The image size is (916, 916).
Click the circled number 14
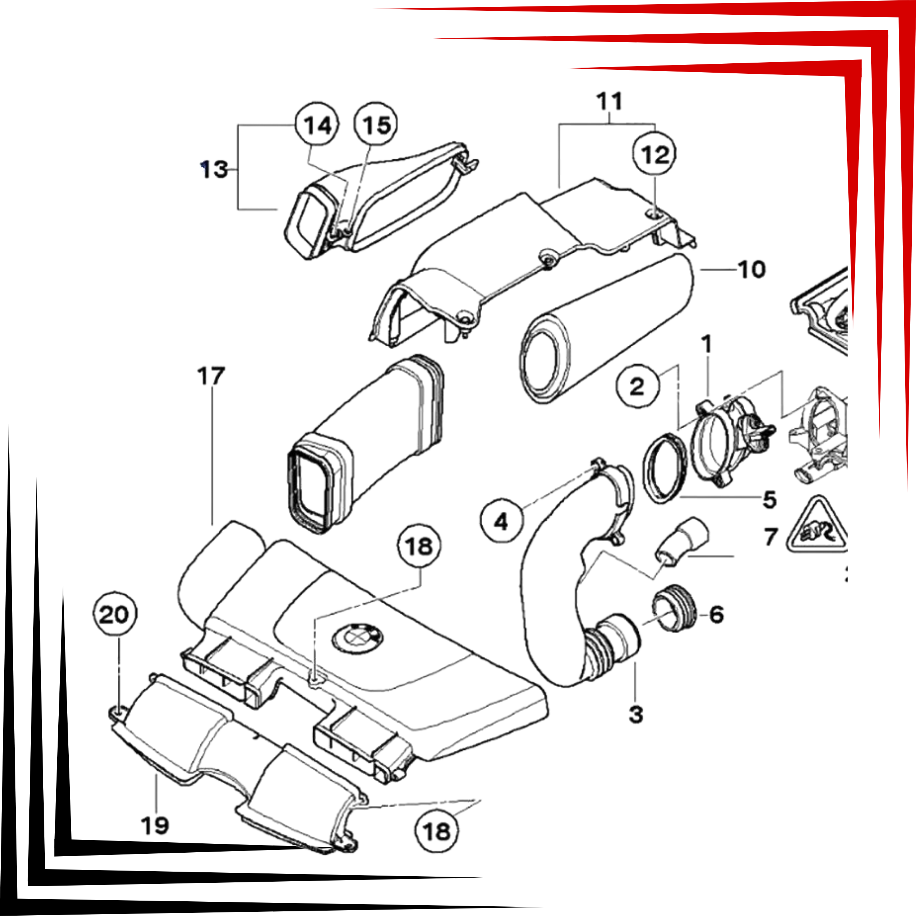[317, 125]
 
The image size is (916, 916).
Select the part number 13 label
[214, 169]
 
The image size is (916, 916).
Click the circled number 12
[655, 154]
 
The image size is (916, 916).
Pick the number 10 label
[752, 269]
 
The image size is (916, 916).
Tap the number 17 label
[211, 376]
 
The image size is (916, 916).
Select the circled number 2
[638, 386]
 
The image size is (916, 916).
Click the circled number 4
[502, 521]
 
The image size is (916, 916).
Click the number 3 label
[636, 714]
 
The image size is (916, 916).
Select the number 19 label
[155, 825]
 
